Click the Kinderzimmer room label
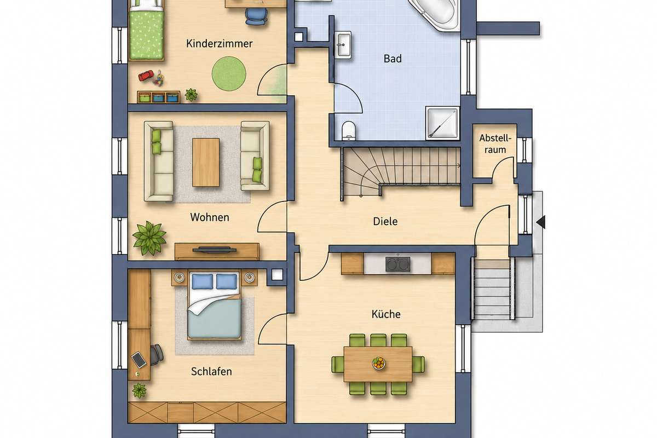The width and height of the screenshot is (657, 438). [219, 44]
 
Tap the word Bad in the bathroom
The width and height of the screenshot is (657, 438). [393, 59]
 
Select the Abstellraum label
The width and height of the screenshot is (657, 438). [495, 144]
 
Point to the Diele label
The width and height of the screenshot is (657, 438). [385, 221]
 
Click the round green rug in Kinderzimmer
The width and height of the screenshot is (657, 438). [229, 73]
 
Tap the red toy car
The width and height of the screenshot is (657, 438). [146, 76]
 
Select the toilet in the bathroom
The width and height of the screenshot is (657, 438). [348, 130]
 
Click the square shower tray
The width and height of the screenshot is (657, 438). [442, 123]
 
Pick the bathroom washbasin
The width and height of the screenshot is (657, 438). [343, 45]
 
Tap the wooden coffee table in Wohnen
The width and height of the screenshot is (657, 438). [206, 162]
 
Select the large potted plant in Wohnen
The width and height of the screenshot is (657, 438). [149, 238]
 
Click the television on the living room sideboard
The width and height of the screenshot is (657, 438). [215, 250]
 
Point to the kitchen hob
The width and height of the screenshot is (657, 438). [397, 264]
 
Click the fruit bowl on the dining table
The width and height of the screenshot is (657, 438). [379, 363]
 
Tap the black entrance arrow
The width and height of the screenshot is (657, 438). [541, 222]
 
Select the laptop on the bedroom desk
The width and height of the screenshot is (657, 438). [139, 359]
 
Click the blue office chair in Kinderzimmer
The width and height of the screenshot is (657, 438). [256, 16]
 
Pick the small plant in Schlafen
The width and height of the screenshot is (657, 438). [139, 390]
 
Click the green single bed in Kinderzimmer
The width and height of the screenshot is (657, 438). [146, 30]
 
